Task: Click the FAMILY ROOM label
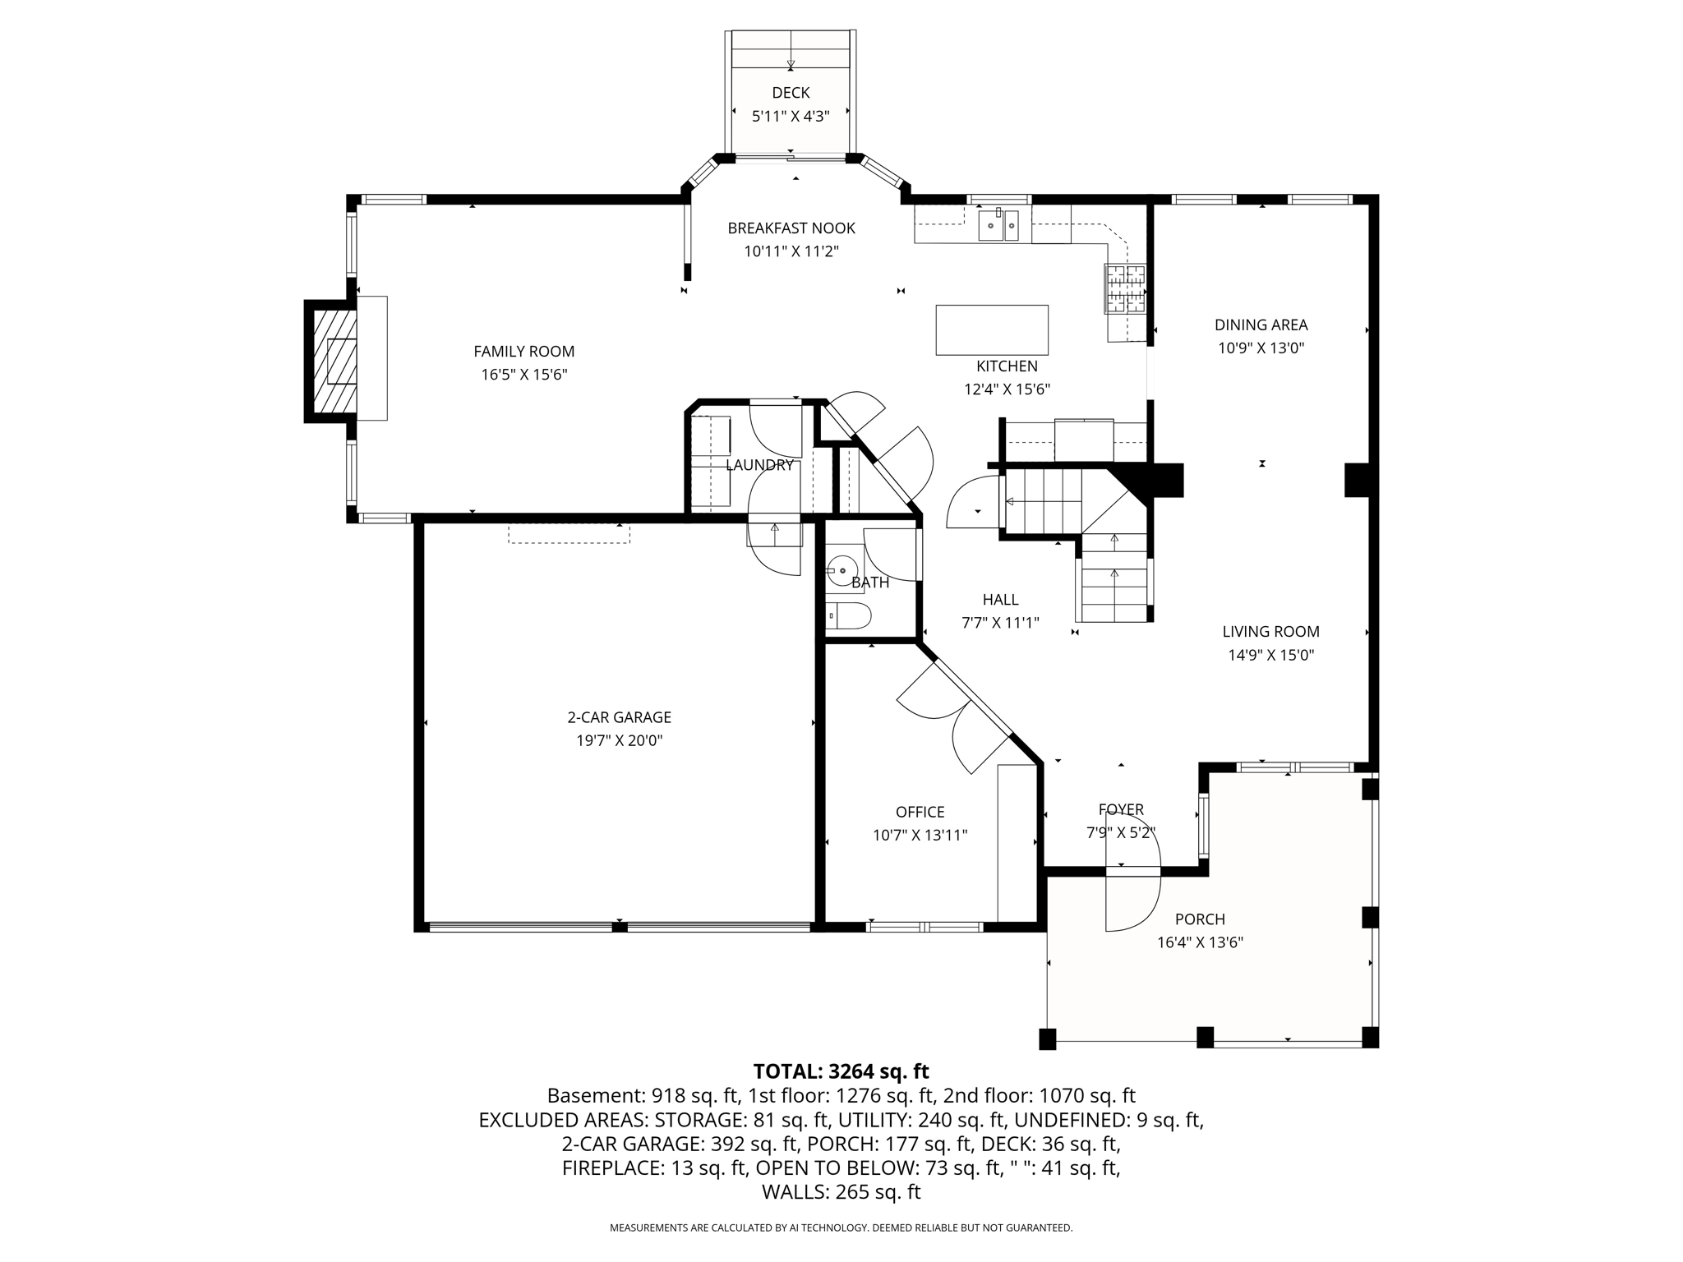coord(523,352)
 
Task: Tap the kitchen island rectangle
coord(991,329)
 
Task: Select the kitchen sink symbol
coord(998,225)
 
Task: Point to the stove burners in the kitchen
coord(1124,289)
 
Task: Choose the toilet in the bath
coord(848,615)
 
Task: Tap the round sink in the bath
coord(841,569)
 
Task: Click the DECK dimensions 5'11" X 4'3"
coord(791,117)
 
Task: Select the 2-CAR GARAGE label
coord(619,717)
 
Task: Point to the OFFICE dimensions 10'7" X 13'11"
coord(920,836)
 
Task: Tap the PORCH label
coord(1200,919)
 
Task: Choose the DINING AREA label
coord(1261,325)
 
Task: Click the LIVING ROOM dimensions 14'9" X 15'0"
coord(1270,656)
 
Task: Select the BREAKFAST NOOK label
coord(791,228)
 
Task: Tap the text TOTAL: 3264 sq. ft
coord(841,1071)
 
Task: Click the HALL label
coord(1000,600)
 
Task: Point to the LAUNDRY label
coord(759,465)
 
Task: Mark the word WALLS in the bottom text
coord(795,1192)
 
